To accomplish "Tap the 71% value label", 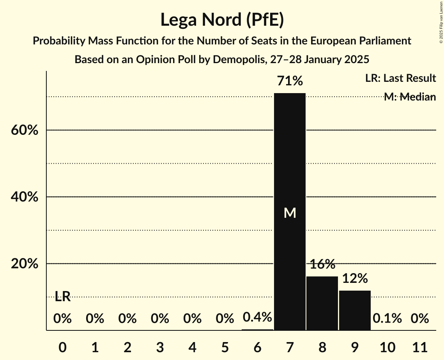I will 290,81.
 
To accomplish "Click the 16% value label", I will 323,264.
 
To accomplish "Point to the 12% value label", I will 355,278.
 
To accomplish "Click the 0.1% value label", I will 387,318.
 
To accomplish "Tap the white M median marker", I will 290,213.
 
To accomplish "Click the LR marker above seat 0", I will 62,296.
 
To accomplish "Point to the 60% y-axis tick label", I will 25,130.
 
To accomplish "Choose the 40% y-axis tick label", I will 25,197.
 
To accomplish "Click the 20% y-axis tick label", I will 25,264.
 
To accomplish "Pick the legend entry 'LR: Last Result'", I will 400,78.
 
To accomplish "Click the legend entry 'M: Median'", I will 410,97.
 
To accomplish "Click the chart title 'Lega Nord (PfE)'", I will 222,20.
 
